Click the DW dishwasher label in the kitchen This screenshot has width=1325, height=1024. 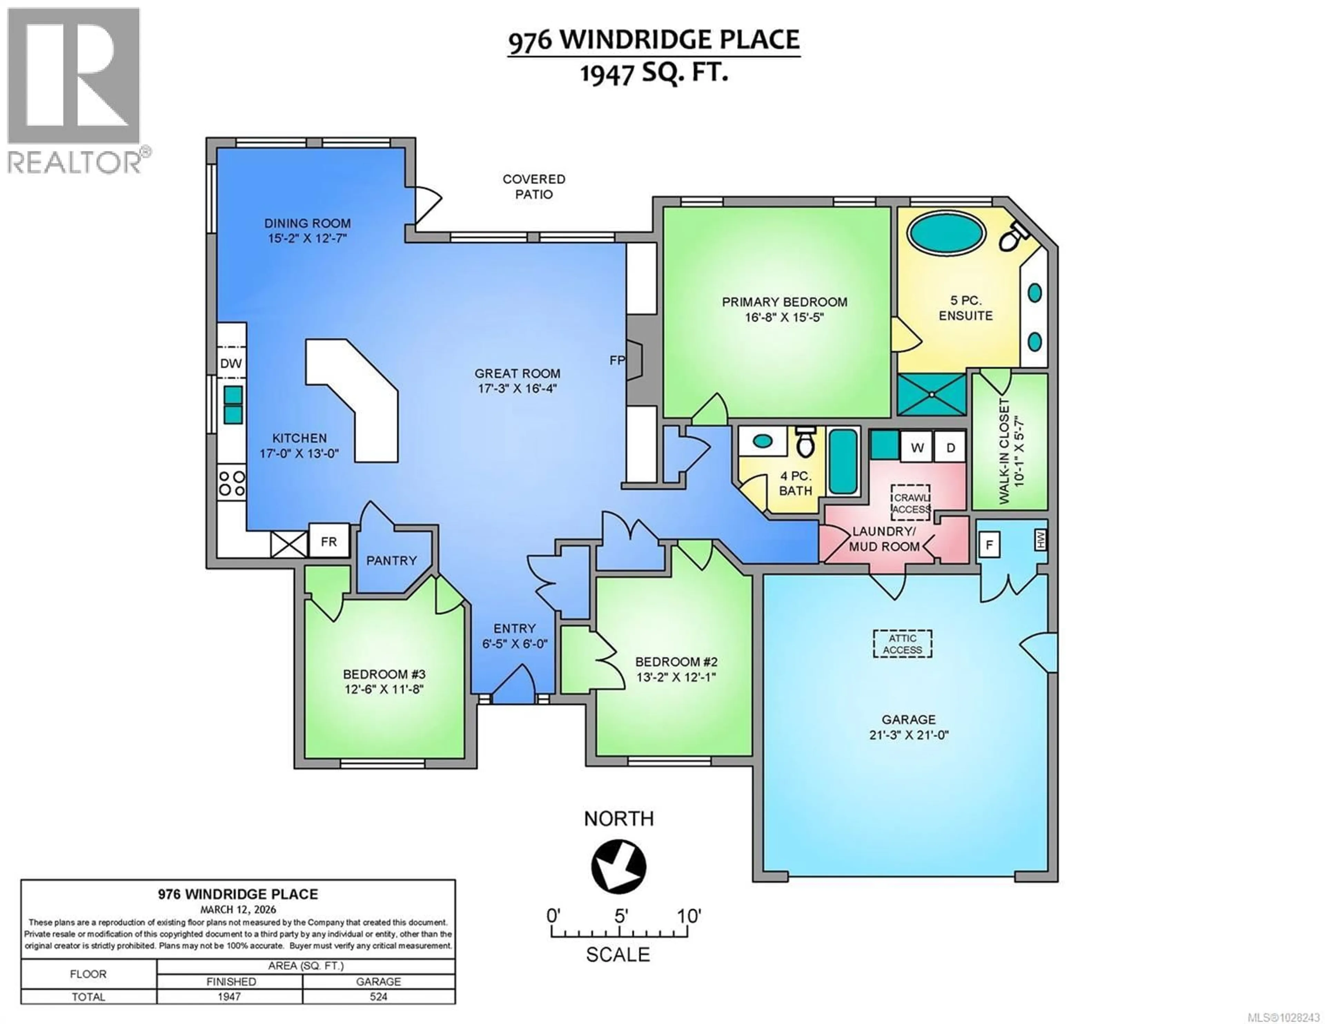click(x=230, y=363)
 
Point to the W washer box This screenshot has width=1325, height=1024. click(x=917, y=447)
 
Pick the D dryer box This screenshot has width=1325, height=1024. click(x=950, y=447)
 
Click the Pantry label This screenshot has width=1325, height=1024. click(x=391, y=560)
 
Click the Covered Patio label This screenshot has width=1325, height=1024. click(x=534, y=186)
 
